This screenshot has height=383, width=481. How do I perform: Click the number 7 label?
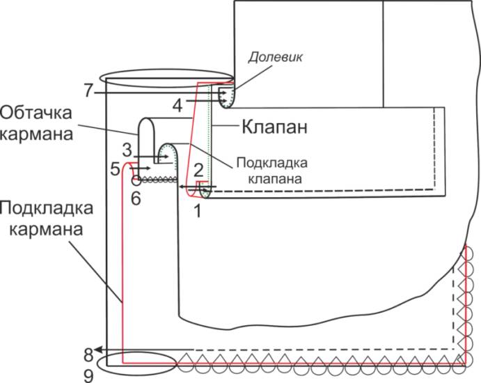88,91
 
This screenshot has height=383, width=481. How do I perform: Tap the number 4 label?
178,104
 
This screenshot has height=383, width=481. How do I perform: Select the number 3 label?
126,150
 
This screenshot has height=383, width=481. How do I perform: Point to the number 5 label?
115,168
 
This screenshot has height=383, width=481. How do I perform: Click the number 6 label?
136,198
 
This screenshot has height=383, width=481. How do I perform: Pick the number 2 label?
198,169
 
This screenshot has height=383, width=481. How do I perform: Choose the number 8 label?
88,350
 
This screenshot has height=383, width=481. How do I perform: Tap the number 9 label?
88,375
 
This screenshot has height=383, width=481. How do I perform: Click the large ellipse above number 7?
165,76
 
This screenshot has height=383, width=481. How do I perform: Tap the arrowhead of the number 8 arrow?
100,349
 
